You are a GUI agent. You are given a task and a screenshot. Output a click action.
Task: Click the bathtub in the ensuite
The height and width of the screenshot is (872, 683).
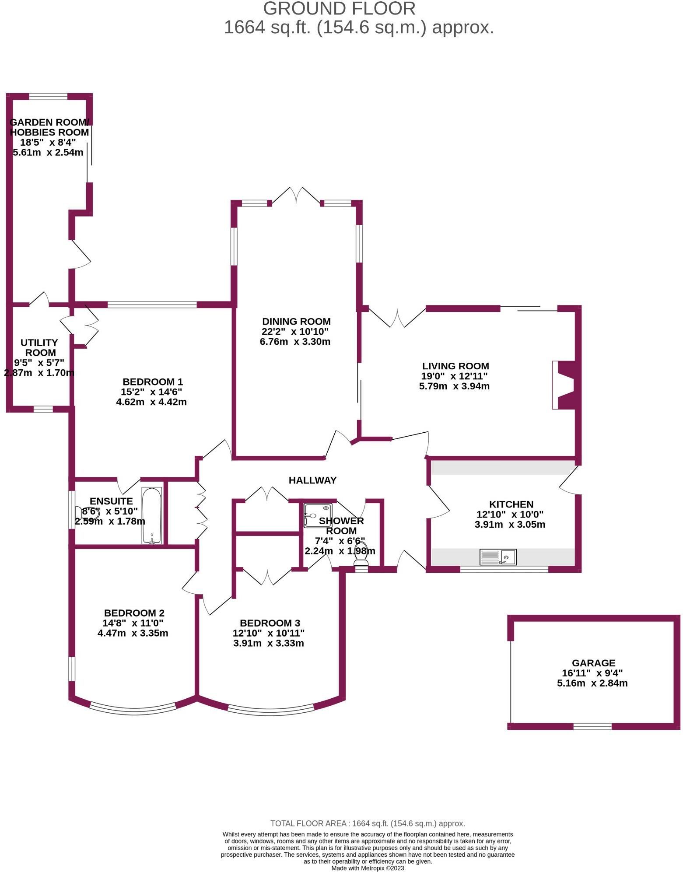click(152, 515)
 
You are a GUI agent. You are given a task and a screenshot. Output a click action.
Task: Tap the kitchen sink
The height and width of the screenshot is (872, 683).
click(498, 557)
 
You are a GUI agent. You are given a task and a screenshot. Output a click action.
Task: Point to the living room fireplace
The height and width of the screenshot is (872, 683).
click(564, 385)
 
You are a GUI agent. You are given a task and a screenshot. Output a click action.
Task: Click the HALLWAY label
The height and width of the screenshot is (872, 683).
click(312, 480)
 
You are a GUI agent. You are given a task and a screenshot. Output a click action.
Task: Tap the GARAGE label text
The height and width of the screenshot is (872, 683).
click(593, 663)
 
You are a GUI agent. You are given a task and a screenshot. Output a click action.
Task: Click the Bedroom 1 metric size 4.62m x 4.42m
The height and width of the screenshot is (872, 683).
click(151, 402)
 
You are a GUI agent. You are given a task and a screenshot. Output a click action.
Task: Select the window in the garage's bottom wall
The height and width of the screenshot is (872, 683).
click(592, 726)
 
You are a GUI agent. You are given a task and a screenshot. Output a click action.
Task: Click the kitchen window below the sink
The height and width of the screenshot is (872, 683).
click(504, 569)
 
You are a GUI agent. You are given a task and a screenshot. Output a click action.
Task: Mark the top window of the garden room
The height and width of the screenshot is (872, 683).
click(48, 97)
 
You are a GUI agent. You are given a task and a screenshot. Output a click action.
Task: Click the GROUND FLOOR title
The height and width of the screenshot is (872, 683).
click(339, 9)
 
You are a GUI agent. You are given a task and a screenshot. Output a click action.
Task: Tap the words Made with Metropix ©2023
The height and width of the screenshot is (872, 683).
click(368, 868)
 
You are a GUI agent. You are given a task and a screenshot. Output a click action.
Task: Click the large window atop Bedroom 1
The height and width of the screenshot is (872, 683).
click(152, 305)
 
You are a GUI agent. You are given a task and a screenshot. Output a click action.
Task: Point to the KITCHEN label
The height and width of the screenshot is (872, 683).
click(511, 504)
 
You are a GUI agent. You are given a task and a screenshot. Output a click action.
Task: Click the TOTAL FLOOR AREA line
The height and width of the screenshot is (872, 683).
click(368, 823)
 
